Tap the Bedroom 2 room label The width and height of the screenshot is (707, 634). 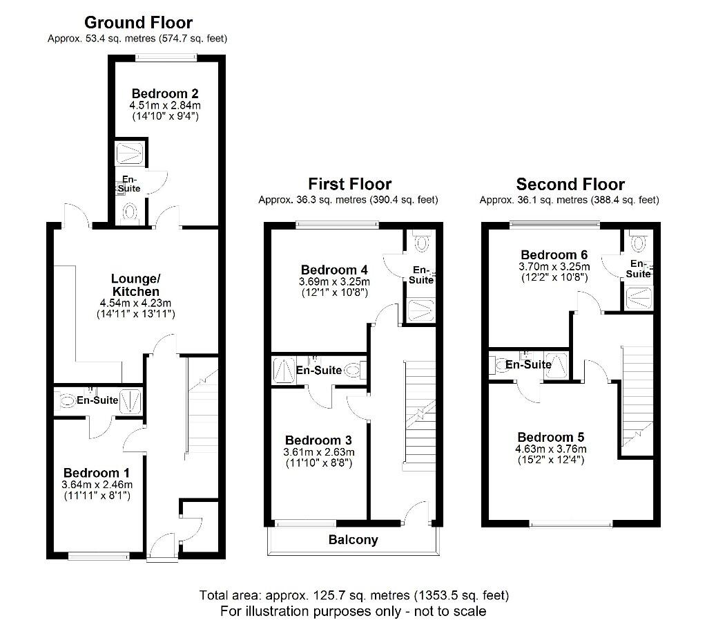click(x=165, y=93)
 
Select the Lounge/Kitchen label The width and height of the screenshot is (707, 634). click(x=135, y=285)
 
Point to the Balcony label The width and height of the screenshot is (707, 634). click(x=353, y=540)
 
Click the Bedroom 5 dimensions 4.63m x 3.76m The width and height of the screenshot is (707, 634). click(x=552, y=449)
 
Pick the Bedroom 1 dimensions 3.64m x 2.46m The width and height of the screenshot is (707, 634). click(x=97, y=484)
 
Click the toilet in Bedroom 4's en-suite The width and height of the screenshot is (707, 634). click(x=420, y=242)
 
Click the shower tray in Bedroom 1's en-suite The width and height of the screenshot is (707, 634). click(x=130, y=400)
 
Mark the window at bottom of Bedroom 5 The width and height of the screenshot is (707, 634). click(x=572, y=525)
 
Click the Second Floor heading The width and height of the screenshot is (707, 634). click(x=570, y=185)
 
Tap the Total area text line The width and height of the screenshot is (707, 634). click(x=353, y=595)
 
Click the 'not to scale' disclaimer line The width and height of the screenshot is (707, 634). click(x=353, y=611)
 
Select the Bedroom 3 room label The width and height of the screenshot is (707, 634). click(x=318, y=440)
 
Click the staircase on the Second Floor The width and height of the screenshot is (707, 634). click(x=637, y=394)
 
